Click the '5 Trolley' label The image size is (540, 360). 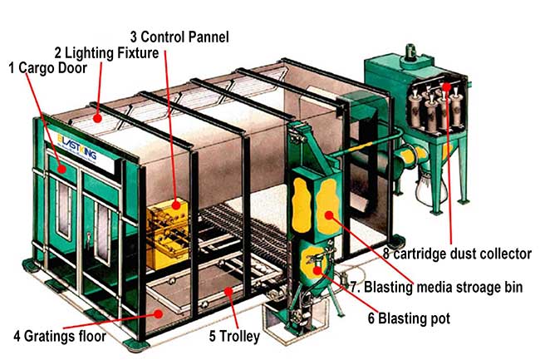234,337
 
